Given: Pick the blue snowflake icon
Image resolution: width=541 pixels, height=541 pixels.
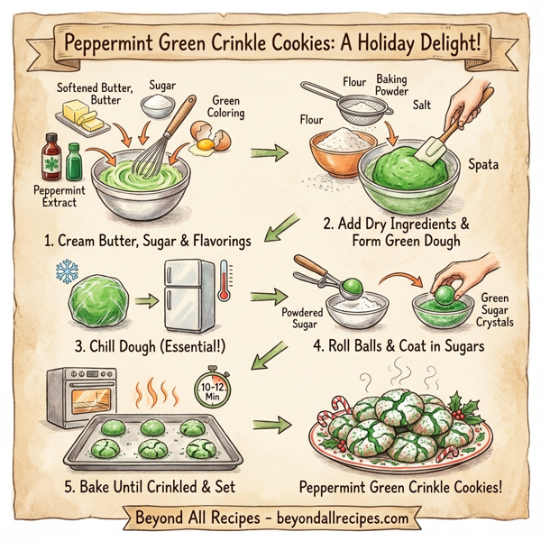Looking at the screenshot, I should click(67, 272).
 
